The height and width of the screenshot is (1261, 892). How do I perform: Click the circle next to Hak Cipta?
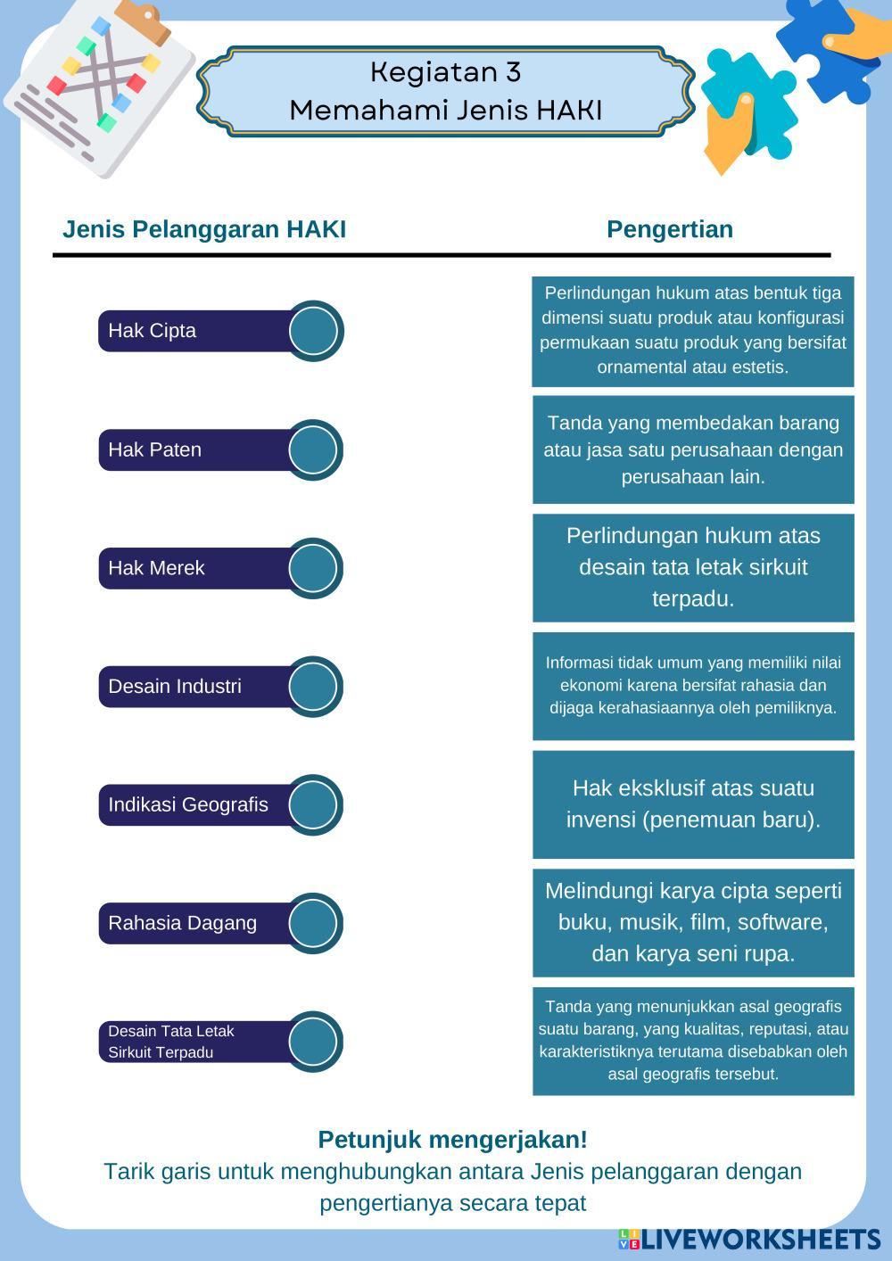tap(314, 331)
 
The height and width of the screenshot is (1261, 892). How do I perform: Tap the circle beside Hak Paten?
tap(314, 449)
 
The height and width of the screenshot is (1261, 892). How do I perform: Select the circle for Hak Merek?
tap(314, 568)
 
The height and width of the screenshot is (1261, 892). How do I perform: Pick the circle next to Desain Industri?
tap(314, 687)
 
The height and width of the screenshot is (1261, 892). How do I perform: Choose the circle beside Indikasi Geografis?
tap(314, 804)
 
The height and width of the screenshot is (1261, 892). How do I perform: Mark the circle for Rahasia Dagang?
tap(314, 923)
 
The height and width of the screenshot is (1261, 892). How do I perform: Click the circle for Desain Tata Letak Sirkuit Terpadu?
tap(314, 1042)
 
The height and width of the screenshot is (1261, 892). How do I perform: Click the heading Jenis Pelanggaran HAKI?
tap(204, 229)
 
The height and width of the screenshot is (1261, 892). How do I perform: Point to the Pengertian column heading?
tap(670, 229)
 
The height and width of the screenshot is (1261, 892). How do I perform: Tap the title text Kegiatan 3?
tap(445, 71)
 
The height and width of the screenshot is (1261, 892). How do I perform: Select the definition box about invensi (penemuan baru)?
tap(693, 804)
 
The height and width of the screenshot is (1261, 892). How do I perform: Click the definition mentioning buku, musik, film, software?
tap(693, 922)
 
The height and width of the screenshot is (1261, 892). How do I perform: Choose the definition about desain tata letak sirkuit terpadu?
tap(693, 567)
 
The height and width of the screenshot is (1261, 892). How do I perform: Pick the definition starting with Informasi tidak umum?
tap(693, 686)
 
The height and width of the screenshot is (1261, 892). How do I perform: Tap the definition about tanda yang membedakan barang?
tap(693, 449)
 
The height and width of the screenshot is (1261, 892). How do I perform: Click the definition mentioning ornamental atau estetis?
tap(693, 331)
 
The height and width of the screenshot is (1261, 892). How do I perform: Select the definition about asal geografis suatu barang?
tap(693, 1041)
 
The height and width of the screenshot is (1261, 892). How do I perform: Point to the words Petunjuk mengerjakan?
tap(452, 1140)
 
